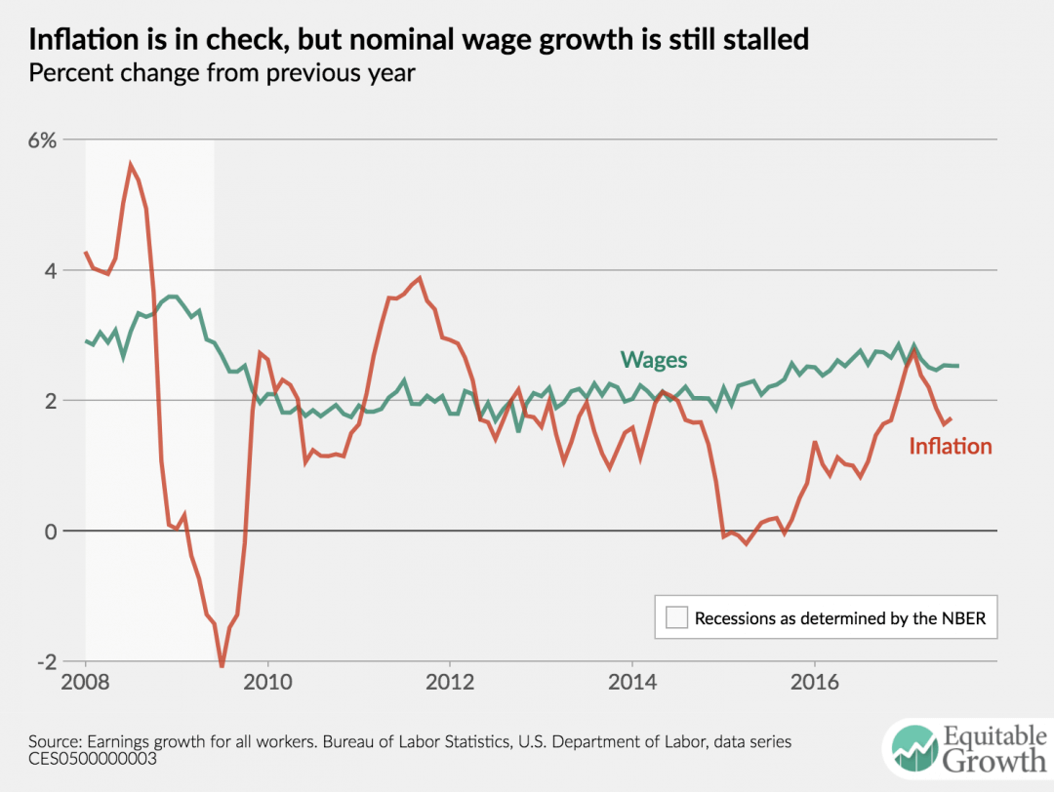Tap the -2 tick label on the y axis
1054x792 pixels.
tap(45, 661)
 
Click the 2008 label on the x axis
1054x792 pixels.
tap(86, 681)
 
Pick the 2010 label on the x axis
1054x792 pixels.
tap(267, 681)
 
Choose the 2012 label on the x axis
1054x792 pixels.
tap(450, 681)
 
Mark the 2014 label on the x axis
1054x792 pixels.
tap(632, 681)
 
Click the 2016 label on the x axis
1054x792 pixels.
tap(815, 681)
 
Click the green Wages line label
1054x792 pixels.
tap(654, 360)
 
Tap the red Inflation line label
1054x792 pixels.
tap(950, 447)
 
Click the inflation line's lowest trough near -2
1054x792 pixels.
tap(222, 666)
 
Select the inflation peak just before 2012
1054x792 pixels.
tap(420, 278)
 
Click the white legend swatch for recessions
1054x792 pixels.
tap(676, 617)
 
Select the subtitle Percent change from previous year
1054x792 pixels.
tap(223, 73)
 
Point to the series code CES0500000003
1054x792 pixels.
tap(87, 758)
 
